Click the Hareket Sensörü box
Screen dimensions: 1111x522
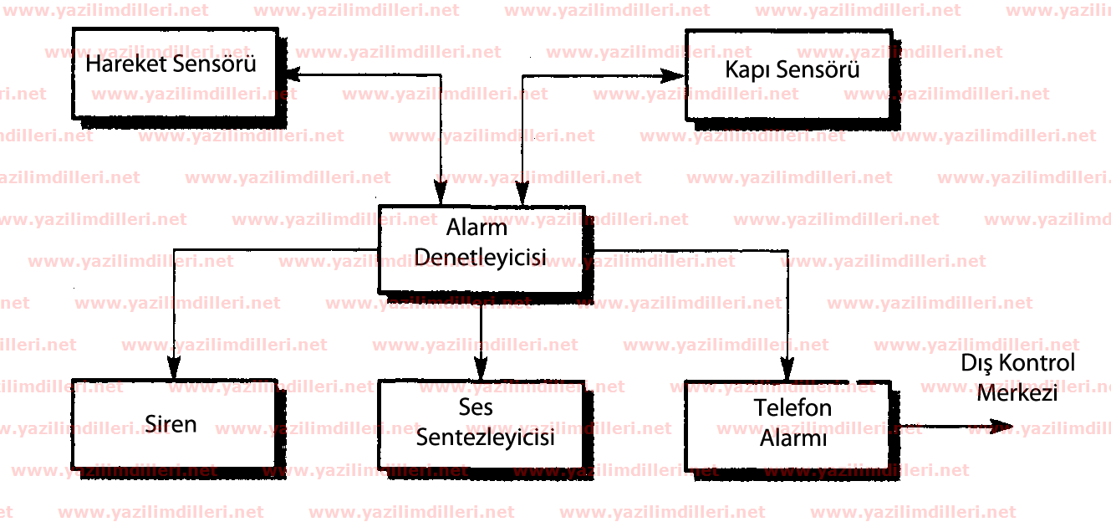(175, 74)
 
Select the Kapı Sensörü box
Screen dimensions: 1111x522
(788, 75)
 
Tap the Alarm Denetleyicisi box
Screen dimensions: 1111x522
(482, 249)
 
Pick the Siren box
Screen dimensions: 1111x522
(175, 424)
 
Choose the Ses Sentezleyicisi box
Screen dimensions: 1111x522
(482, 425)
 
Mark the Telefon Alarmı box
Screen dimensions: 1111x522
(788, 426)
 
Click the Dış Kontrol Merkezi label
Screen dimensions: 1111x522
(1017, 377)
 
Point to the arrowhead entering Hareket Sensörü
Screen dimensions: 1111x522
(293, 74)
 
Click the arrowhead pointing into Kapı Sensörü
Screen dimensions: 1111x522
(673, 76)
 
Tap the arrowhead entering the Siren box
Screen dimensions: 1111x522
(174, 368)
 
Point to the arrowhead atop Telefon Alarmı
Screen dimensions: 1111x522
(787, 369)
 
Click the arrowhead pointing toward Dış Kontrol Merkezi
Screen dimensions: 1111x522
(1001, 427)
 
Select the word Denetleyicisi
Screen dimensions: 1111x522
(480, 258)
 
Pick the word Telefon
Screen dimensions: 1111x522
(792, 408)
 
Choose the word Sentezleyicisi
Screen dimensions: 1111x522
(485, 438)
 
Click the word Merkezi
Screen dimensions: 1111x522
(1017, 393)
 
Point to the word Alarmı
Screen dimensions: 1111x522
(793, 438)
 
